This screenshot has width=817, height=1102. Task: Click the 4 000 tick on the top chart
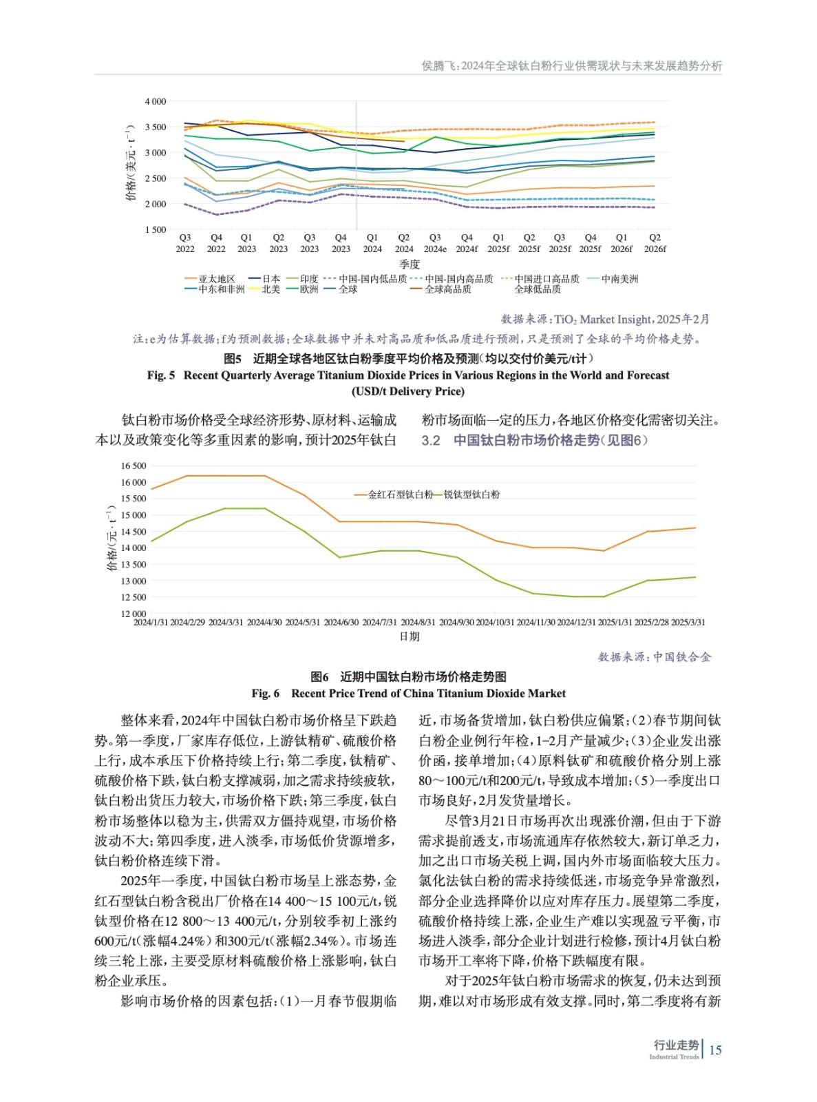(155, 101)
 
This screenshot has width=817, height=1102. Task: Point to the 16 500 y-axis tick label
(134, 466)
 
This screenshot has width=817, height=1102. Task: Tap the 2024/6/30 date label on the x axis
(341, 622)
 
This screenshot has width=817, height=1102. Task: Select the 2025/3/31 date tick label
(688, 622)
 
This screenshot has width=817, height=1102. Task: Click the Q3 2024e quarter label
(435, 243)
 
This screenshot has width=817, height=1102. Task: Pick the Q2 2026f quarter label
(655, 243)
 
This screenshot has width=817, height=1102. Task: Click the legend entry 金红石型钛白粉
(400, 495)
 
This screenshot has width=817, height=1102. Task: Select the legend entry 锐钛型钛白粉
(471, 495)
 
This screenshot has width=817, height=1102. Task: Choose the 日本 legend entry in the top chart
(270, 279)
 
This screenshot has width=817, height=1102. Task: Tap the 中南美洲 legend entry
(619, 279)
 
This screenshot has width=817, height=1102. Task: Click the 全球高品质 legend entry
(447, 289)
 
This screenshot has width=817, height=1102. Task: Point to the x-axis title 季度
(410, 264)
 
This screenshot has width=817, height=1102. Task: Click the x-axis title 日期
(410, 636)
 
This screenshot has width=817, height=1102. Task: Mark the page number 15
(715, 1050)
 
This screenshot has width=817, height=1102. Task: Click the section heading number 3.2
(431, 440)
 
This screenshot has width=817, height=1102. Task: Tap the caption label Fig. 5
(161, 375)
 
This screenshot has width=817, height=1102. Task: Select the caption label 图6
(319, 677)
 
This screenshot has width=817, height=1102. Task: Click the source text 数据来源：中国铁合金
(655, 657)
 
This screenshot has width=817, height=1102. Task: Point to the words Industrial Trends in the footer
(674, 1057)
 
